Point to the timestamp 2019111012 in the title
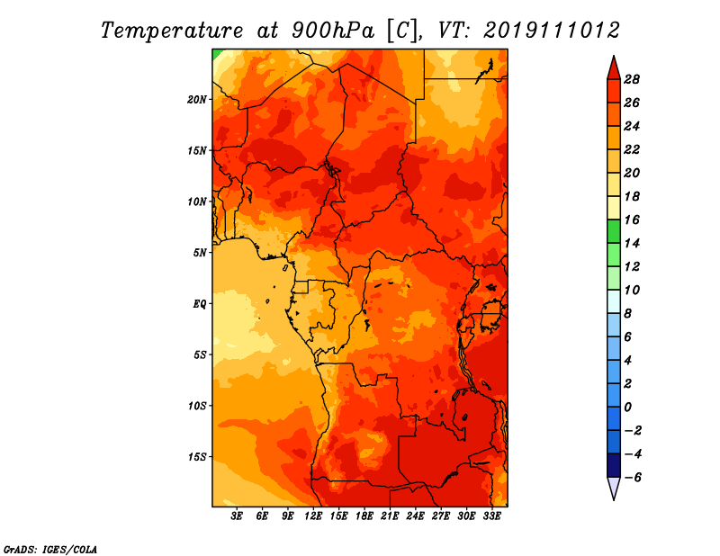[552, 30]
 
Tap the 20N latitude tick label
[197, 99]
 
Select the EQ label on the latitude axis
[200, 303]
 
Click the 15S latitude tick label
[197, 456]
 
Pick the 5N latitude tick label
[200, 252]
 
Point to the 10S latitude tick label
[197, 406]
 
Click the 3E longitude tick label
[238, 516]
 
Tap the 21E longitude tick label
[391, 516]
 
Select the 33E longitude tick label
[492, 516]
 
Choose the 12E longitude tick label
[314, 516]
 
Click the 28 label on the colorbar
[632, 79]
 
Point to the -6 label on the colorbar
[632, 478]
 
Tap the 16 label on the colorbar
[632, 220]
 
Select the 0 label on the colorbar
[628, 408]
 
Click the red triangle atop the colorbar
[613, 67]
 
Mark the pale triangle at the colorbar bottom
[613, 488]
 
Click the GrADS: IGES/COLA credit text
[50, 548]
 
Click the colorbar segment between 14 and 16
[613, 231]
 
